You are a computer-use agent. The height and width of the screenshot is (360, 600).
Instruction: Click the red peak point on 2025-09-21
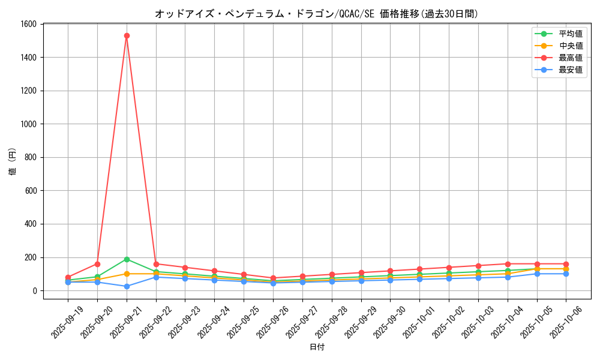[127, 35]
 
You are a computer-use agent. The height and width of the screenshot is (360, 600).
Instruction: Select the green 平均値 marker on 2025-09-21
[127, 259]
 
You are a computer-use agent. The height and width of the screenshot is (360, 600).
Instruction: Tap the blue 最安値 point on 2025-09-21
[127, 286]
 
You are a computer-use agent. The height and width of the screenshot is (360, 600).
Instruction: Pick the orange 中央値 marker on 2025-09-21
[127, 274]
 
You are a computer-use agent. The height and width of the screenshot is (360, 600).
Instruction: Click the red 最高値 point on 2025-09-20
[97, 264]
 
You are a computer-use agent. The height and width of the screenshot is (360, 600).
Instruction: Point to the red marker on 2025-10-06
[566, 264]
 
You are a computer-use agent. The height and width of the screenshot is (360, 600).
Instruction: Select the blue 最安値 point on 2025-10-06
[566, 274]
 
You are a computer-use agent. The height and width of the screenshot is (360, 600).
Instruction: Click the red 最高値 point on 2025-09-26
[273, 278]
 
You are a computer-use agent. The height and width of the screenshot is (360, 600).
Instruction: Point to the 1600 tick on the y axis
[29, 24]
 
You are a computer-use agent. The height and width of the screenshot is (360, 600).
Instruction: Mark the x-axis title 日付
[317, 347]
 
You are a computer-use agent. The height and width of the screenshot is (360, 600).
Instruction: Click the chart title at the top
[317, 13]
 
